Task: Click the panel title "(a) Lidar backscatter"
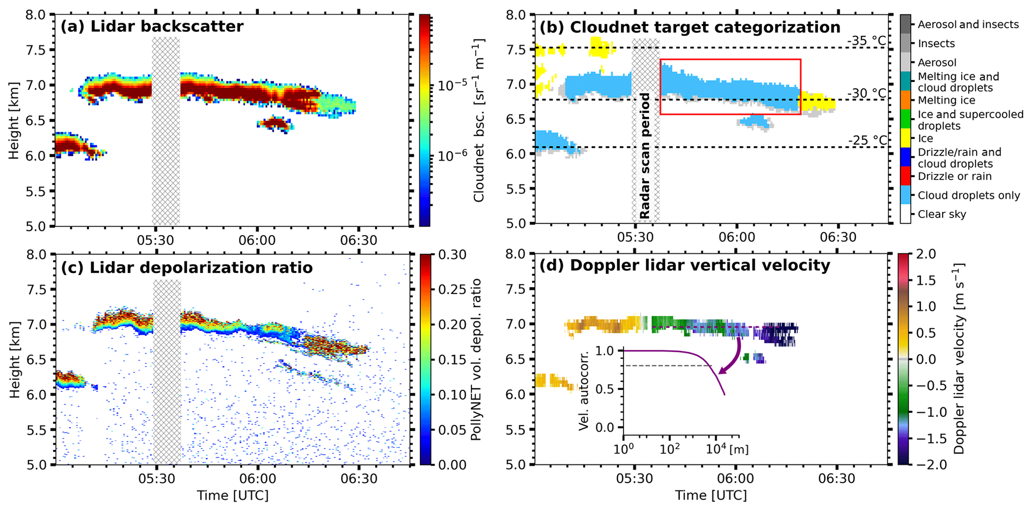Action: tap(152, 26)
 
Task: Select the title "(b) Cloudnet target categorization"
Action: tap(690, 27)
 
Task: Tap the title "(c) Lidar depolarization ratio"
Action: tap(187, 268)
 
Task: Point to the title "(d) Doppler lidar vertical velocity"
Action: tap(685, 265)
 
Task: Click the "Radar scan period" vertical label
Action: tap(645, 156)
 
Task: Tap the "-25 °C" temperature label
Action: tap(868, 140)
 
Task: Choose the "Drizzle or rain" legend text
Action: tap(954, 176)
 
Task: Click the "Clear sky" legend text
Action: tap(942, 214)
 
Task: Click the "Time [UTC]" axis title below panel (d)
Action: tap(711, 496)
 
